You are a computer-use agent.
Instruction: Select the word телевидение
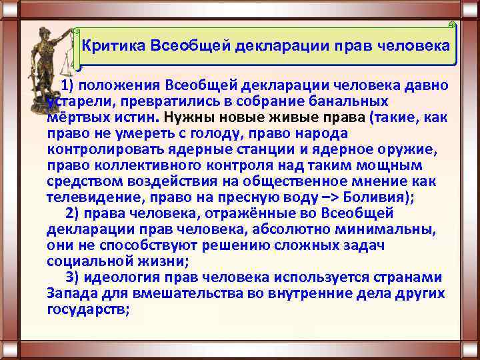(x=91, y=197)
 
